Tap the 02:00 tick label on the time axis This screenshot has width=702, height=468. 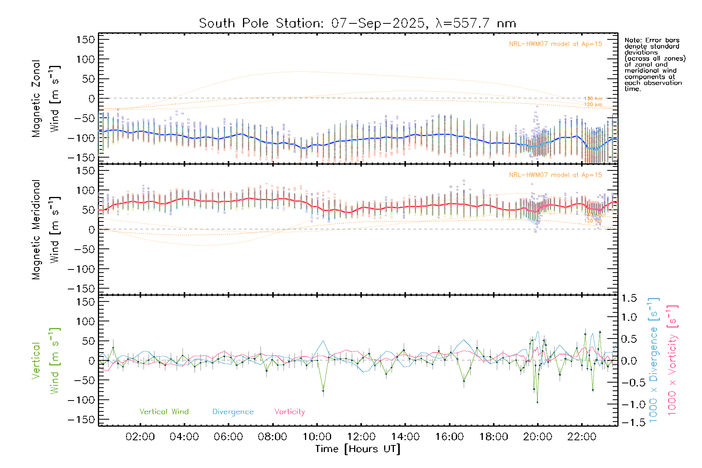pyautogui.click(x=140, y=437)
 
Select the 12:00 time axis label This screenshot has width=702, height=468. pyautogui.click(x=361, y=437)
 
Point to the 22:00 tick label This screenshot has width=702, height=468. pyautogui.click(x=582, y=437)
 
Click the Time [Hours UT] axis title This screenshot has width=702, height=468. pyautogui.click(x=358, y=449)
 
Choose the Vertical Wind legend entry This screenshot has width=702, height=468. pyautogui.click(x=164, y=411)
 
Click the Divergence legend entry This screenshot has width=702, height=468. pyautogui.click(x=233, y=411)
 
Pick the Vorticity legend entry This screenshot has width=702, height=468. pyautogui.click(x=289, y=411)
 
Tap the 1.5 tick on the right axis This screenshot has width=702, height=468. pyautogui.click(x=629, y=298)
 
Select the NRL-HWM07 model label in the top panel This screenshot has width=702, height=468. pyautogui.click(x=555, y=44)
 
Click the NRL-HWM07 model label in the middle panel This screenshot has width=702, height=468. pyautogui.click(x=555, y=175)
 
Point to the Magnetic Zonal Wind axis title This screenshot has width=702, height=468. pyautogui.click(x=46, y=98)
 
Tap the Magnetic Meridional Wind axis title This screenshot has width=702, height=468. pyautogui.click(x=46, y=229)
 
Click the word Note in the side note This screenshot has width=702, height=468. pyautogui.click(x=632, y=41)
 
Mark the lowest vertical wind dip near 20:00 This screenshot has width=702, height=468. pyautogui.click(x=537, y=402)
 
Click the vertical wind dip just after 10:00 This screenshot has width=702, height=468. pyautogui.click(x=323, y=390)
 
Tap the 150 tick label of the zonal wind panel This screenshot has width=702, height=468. pyautogui.click(x=85, y=40)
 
